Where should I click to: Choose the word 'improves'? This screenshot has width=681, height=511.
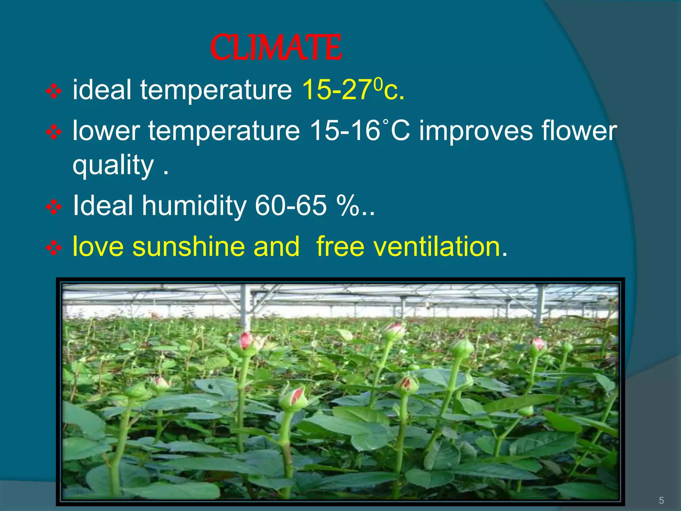click(476, 131)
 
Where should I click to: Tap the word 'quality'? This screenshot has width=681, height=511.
click(113, 165)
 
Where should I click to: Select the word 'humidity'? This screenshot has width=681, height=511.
click(195, 206)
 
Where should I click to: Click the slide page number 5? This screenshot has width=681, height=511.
click(661, 500)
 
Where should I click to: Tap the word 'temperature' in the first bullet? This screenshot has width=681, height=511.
click(216, 90)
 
